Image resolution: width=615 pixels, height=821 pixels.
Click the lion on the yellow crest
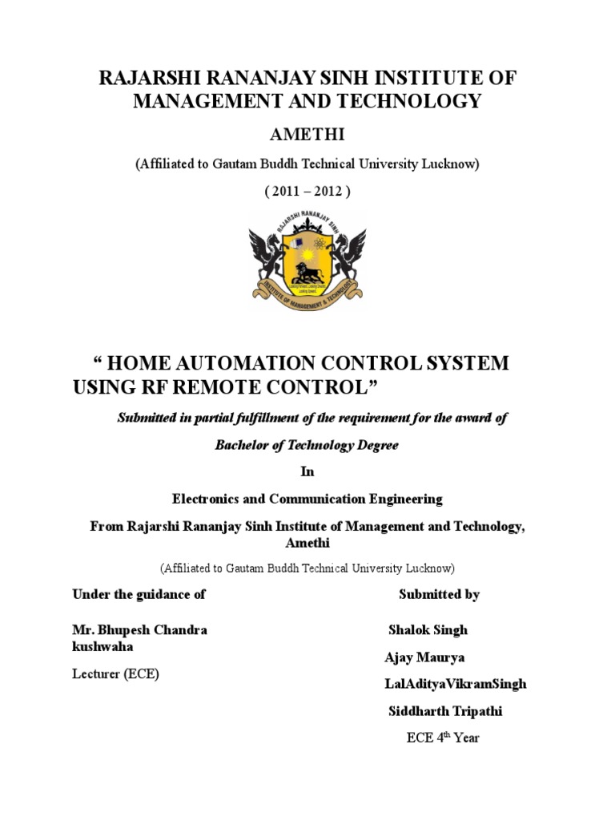point(307,272)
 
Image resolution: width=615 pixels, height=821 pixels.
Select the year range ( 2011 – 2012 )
point(307,194)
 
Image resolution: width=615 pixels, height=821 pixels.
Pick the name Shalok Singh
point(428,630)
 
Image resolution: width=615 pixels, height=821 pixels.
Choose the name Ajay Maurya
point(424,657)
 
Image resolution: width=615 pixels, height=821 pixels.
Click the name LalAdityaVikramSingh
point(456,684)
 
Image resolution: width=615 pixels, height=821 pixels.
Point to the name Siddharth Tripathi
point(445,711)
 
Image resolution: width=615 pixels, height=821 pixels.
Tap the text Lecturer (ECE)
point(115,673)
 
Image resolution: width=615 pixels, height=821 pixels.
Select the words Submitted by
point(439,594)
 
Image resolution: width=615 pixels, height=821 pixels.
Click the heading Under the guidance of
point(139,594)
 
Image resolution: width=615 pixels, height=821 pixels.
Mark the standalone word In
point(307,472)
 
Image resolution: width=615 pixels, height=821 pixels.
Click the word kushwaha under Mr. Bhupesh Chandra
point(102,646)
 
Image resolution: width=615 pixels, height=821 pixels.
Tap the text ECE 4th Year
point(442,737)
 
